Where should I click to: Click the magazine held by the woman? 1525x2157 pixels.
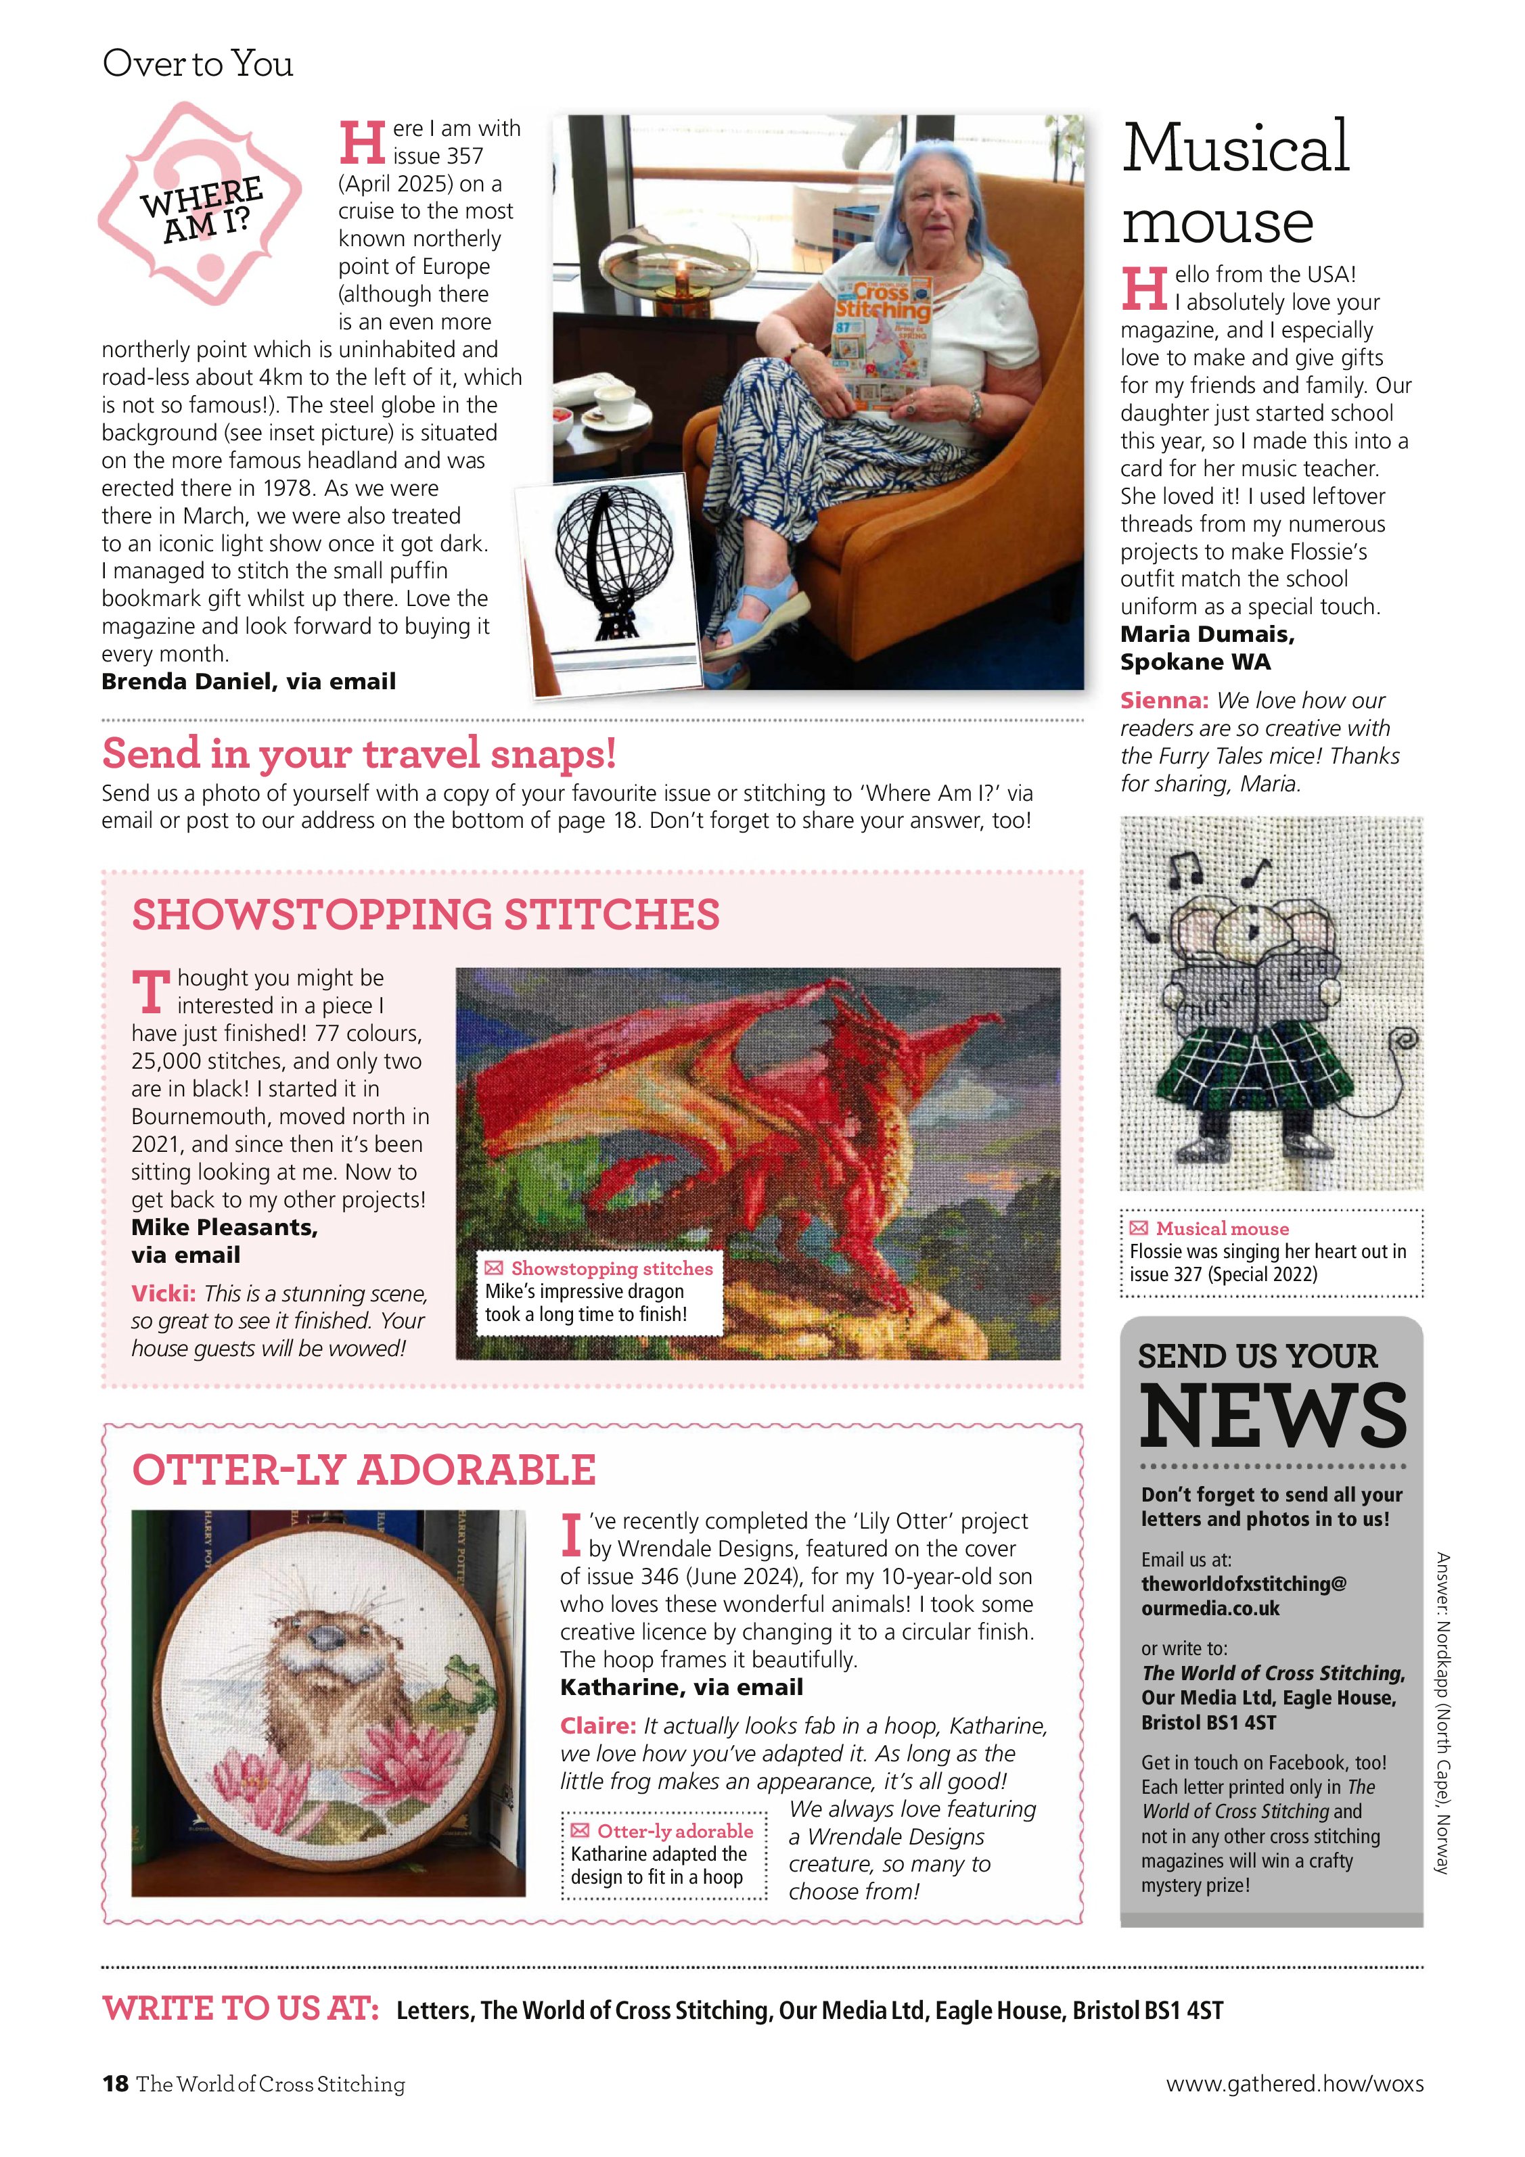(x=882, y=342)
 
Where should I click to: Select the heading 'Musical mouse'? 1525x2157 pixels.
(x=1235, y=183)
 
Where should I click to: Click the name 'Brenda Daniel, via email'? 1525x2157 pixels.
(x=248, y=681)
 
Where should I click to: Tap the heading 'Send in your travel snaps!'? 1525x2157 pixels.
(x=359, y=753)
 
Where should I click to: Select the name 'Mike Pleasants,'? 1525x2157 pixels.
(x=225, y=1227)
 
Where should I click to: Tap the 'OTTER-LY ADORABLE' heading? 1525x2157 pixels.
(x=363, y=1469)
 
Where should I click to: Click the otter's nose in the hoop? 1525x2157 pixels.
(x=327, y=1638)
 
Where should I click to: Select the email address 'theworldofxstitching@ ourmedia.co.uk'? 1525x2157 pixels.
(x=1243, y=1595)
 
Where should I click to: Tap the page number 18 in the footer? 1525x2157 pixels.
(x=114, y=2084)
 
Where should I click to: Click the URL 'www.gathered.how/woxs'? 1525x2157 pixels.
(x=1294, y=2084)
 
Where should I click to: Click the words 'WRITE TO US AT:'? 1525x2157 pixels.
(x=241, y=2009)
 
